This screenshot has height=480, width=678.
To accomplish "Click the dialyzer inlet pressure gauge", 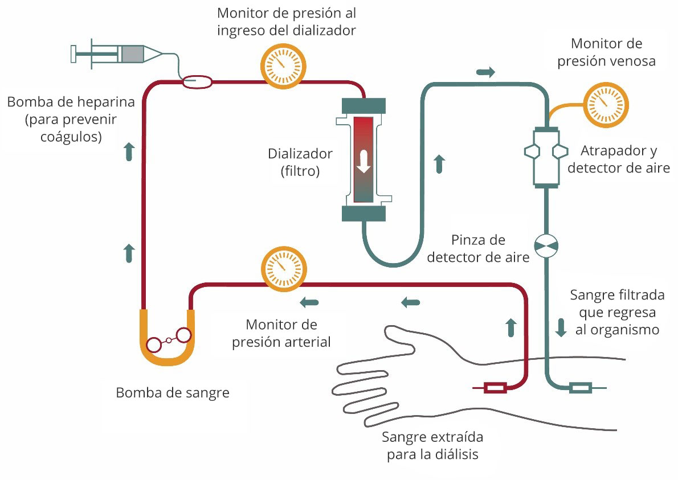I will pos(283,65).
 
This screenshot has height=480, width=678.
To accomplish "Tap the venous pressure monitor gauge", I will pos(605,105).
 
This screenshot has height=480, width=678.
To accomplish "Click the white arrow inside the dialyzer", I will pos(363,162).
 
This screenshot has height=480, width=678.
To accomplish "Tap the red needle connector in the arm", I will pos(495,388).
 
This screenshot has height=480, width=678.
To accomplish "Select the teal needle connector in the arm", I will pos(581,388).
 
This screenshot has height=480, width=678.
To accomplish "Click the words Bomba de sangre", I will pos(173,393).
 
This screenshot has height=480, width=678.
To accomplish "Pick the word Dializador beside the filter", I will pos(300,154).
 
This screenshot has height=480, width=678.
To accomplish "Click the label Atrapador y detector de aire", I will pos(619,159).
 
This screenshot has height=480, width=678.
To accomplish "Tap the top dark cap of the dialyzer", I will pos(363,106).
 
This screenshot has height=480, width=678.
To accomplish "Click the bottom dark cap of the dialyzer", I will pos(363,213).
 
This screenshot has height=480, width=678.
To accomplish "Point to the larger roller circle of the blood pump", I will pos(183,335).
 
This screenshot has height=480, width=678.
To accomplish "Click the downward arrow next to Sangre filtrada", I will pos(561,327).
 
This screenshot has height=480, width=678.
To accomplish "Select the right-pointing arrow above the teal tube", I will pos(486,72).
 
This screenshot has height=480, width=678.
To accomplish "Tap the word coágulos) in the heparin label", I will pos(72,137).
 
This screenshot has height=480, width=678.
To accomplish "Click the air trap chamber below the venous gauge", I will pos(546,157).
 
